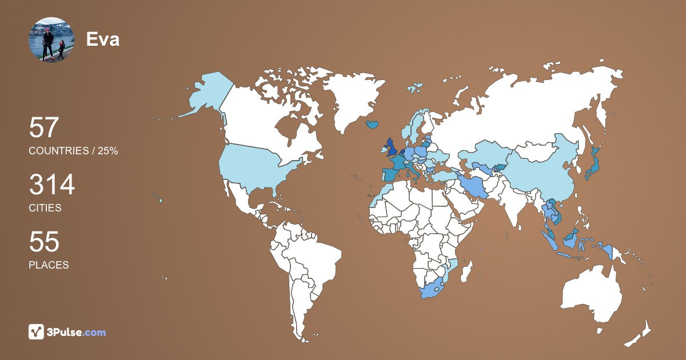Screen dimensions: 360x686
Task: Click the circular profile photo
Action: [51, 40]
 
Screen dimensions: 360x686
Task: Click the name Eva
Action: [103, 39]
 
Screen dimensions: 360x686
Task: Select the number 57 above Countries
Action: [44, 127]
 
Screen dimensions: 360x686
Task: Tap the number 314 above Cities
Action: [52, 185]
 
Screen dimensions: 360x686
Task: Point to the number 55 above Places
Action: [44, 242]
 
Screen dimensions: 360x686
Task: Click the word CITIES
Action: [45, 208]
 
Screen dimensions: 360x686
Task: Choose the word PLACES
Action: [49, 265]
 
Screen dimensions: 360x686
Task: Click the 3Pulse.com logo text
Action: [76, 332]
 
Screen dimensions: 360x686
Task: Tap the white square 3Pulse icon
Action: [37, 332]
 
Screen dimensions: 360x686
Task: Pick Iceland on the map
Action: [373, 124]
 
